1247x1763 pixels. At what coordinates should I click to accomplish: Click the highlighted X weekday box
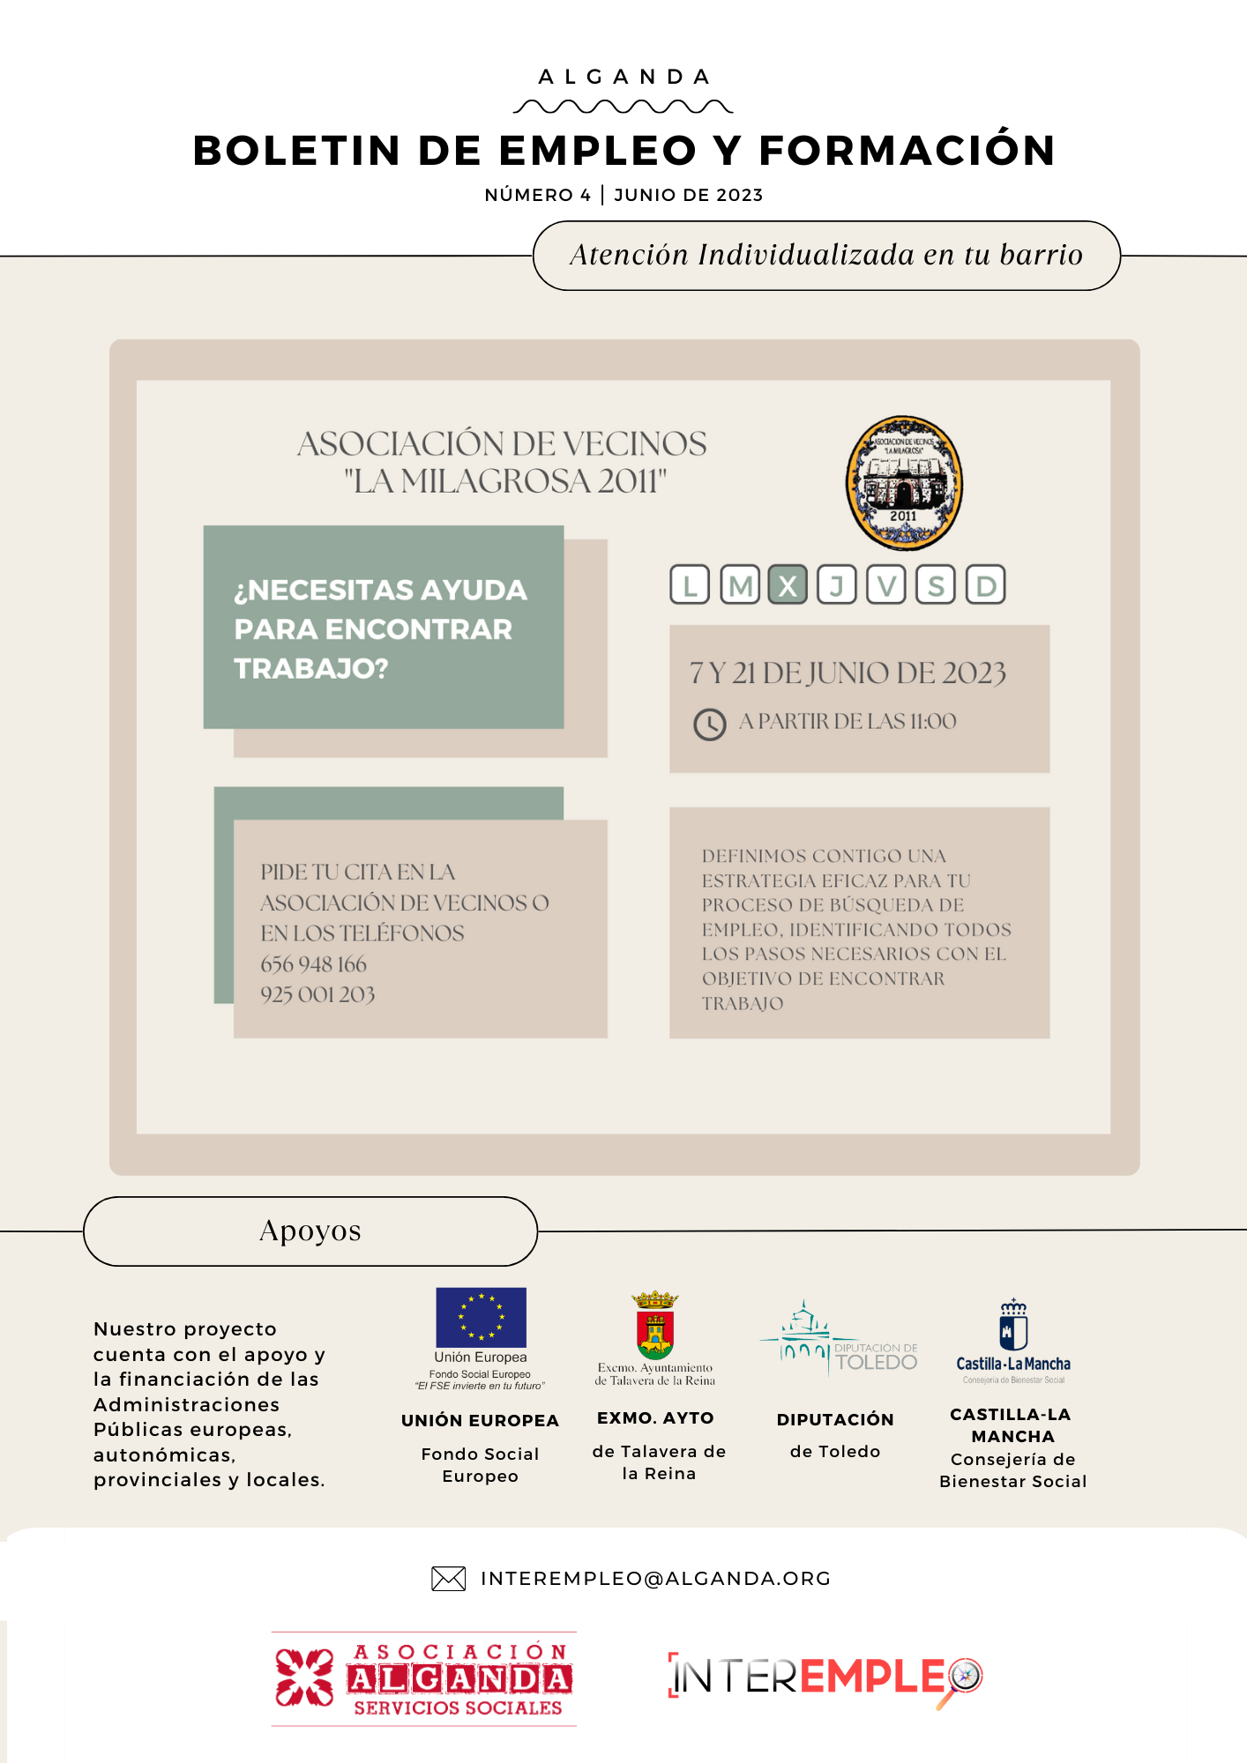(788, 585)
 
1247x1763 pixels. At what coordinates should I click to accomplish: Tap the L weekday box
(690, 585)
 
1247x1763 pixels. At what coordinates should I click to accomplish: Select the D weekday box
(985, 585)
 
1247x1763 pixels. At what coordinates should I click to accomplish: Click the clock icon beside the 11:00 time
(709, 724)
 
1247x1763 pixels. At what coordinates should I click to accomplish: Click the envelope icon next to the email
(448, 1579)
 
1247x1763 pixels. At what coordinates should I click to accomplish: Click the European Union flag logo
(481, 1317)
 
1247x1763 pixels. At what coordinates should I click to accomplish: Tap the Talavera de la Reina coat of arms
(655, 1326)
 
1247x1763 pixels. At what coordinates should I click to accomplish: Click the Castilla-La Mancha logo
(1013, 1340)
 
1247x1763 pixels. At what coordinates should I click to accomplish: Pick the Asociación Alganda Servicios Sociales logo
(424, 1679)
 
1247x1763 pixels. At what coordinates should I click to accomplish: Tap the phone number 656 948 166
(314, 964)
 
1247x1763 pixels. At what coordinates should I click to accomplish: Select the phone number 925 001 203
(317, 994)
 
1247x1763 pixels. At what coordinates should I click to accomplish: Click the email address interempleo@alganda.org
(655, 1579)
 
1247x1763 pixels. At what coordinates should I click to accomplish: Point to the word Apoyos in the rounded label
(310, 1231)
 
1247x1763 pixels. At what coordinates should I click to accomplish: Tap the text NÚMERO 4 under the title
(537, 195)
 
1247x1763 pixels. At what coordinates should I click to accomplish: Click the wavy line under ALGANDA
(623, 108)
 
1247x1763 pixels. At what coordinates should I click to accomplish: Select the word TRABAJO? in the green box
(311, 668)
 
